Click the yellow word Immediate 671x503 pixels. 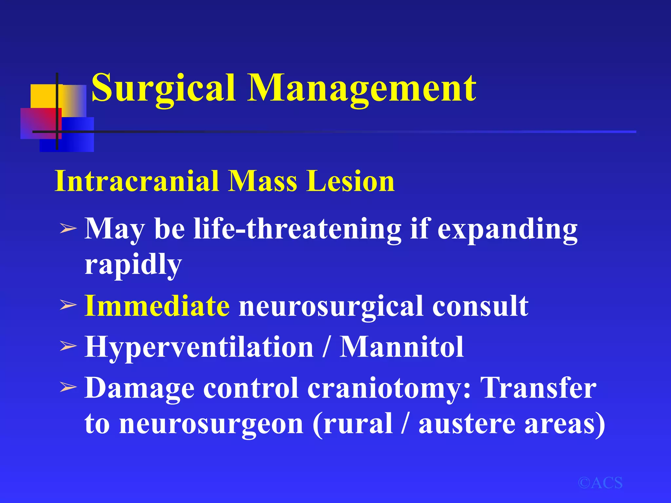click(157, 306)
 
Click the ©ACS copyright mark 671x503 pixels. click(600, 483)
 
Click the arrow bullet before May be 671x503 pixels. click(68, 229)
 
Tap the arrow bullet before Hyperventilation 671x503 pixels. click(68, 346)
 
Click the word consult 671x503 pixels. click(480, 306)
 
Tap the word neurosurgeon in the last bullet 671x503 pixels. click(211, 424)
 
